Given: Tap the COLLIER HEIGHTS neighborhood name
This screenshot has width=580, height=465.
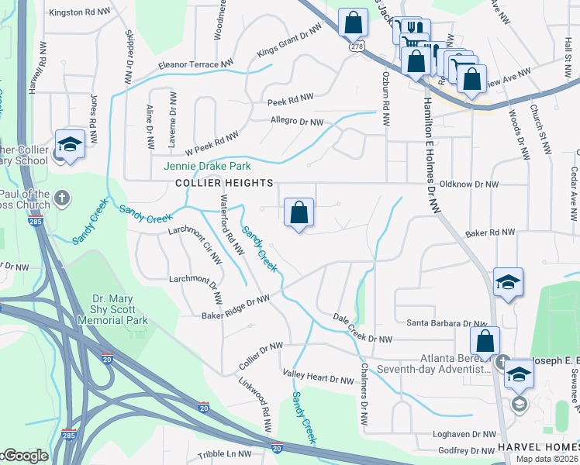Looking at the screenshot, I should [224, 183].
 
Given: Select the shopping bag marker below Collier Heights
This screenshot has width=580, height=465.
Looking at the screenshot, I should [299, 212].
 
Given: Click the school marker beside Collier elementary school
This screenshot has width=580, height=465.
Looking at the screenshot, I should [70, 144].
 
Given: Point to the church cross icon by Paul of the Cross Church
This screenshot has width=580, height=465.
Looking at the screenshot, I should [64, 199].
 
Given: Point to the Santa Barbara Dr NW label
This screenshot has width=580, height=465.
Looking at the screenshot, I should [441, 323].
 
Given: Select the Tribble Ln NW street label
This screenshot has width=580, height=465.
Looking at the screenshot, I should [225, 454].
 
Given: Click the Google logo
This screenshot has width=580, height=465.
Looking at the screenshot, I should [25, 456].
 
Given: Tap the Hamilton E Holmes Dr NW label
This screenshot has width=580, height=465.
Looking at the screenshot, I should [431, 154].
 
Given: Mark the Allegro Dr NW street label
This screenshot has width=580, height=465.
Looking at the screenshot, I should [296, 122].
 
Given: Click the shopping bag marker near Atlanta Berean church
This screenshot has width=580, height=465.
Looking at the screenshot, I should [485, 340].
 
